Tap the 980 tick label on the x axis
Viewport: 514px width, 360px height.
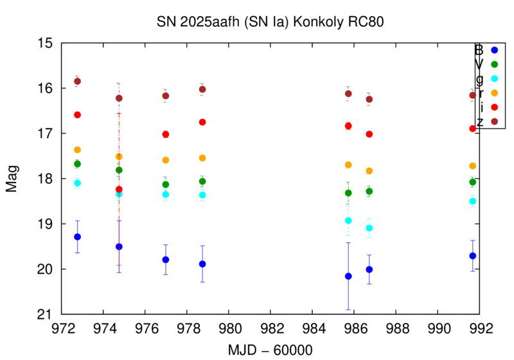[229, 327]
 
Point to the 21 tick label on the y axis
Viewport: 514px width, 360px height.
[46, 314]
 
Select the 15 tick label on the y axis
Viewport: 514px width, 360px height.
[46, 43]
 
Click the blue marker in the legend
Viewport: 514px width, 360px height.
[494, 50]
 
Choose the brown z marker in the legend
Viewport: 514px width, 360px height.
[494, 121]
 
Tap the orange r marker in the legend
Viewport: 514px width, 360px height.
[494, 93]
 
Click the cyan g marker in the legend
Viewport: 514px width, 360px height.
[494, 78]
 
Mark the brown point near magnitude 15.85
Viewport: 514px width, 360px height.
[78, 81]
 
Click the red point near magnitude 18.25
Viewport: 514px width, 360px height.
[119, 190]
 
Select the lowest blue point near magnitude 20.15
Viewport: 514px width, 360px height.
[348, 276]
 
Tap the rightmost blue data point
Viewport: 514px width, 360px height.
[473, 256]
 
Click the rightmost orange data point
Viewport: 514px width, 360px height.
[473, 166]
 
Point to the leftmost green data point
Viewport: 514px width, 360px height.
[78, 164]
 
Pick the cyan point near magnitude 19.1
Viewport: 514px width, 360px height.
[369, 228]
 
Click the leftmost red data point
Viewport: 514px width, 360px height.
[78, 114]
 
